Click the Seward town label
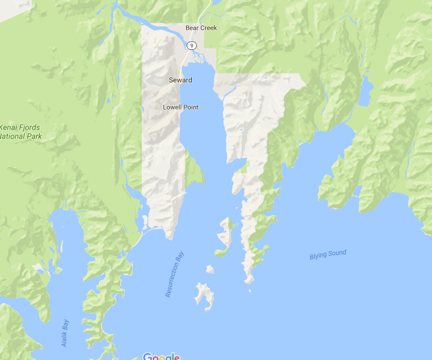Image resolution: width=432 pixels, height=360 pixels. (x=180, y=80)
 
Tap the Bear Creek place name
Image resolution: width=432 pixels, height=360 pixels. (x=201, y=28)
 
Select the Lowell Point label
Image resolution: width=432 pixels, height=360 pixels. (x=181, y=107)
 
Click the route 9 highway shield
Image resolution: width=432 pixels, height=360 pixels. (x=191, y=46)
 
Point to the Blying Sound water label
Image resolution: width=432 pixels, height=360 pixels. (x=328, y=255)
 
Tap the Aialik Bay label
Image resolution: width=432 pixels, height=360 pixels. (x=65, y=333)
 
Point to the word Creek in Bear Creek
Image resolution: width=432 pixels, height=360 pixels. (x=209, y=28)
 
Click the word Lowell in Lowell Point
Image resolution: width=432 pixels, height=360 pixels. (x=172, y=107)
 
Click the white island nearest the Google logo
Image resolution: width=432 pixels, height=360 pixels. (x=204, y=295)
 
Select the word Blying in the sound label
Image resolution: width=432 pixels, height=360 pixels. (x=318, y=256)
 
